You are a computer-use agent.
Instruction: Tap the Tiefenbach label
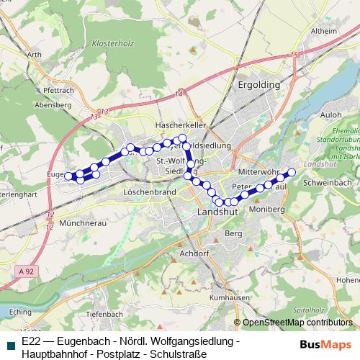(x=102, y=315)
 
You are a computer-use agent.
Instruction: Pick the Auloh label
(x=330, y=114)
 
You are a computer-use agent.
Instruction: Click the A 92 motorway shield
(x=25, y=269)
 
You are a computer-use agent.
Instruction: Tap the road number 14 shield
(x=178, y=94)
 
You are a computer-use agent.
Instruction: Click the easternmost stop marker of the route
(x=292, y=171)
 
